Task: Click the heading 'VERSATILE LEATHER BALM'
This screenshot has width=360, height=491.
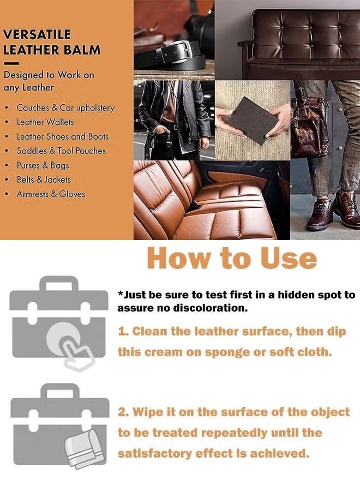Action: coord(52,42)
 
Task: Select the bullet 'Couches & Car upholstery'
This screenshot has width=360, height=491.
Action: coord(65,108)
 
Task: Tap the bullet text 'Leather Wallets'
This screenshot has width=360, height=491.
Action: coord(45,122)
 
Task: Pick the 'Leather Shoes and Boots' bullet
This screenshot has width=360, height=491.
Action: coord(62,136)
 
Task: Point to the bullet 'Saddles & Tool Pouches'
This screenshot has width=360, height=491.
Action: coord(61,151)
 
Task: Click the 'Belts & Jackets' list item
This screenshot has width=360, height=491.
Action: coord(44,179)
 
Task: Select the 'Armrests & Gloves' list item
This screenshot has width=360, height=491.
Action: coord(51,194)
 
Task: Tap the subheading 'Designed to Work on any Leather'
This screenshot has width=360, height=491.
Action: coord(49,80)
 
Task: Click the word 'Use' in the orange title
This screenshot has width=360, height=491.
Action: coord(287,258)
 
